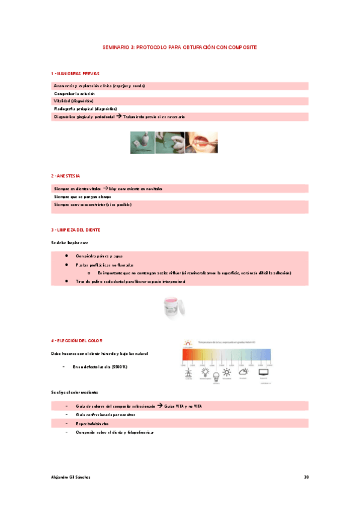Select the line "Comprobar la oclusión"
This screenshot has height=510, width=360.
coord(74,94)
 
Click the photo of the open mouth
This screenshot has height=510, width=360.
coord(200,142)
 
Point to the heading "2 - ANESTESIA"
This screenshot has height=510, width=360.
coord(66,176)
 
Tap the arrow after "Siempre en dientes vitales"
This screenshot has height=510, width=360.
coord(106,189)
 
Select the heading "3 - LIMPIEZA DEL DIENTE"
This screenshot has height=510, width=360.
coord(76,230)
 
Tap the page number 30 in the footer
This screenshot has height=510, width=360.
coord(306,477)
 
